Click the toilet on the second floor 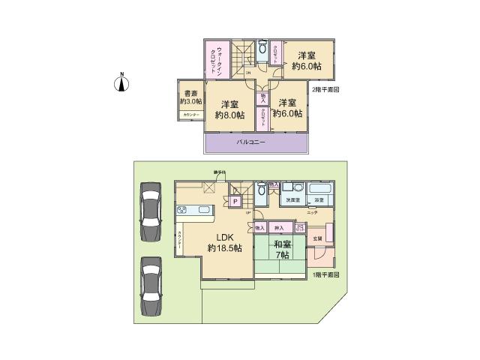pos(261,50)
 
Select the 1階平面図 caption pos(326,275)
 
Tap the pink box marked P pos(235,201)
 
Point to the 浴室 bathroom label pos(318,200)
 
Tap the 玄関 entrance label pos(316,238)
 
